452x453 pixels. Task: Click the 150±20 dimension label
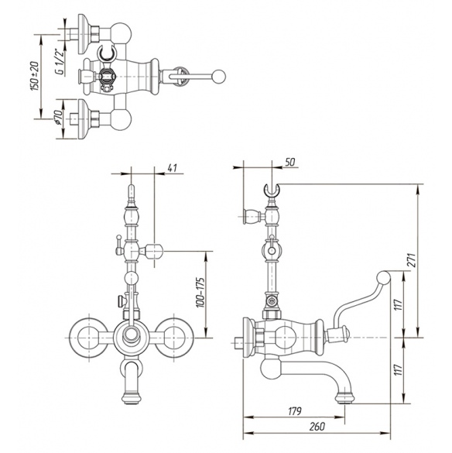point(35,76)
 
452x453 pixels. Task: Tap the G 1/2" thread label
point(60,63)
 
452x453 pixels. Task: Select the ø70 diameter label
point(58,117)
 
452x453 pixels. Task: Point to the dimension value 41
point(172,168)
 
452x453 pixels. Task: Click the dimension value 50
point(290,162)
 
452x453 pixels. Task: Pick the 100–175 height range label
point(200,292)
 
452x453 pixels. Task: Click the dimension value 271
point(413,260)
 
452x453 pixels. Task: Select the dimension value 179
point(295,410)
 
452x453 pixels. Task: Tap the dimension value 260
point(317,427)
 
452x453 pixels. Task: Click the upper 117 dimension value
point(399,305)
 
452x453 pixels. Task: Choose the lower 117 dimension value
point(399,369)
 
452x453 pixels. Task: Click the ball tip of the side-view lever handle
point(384,277)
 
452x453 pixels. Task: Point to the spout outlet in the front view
point(132,398)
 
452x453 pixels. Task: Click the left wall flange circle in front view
point(89,337)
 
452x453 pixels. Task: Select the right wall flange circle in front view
point(174,337)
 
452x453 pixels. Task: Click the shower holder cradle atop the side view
point(272,190)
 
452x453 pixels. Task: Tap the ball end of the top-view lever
point(218,77)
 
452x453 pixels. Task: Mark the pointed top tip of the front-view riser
point(132,186)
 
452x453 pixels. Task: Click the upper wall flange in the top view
point(83,34)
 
